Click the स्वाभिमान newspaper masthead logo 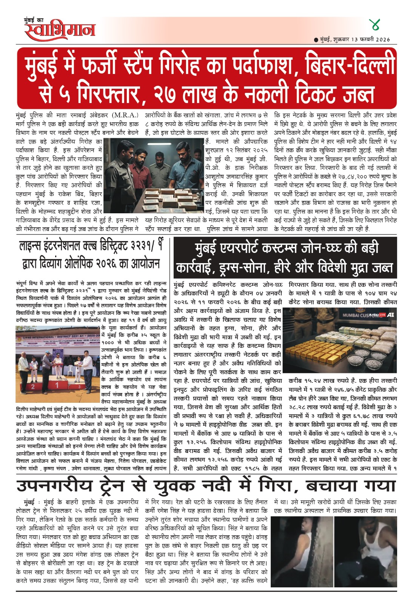[60, 30]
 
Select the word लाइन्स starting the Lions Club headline [31, 247]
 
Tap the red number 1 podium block [57, 385]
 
